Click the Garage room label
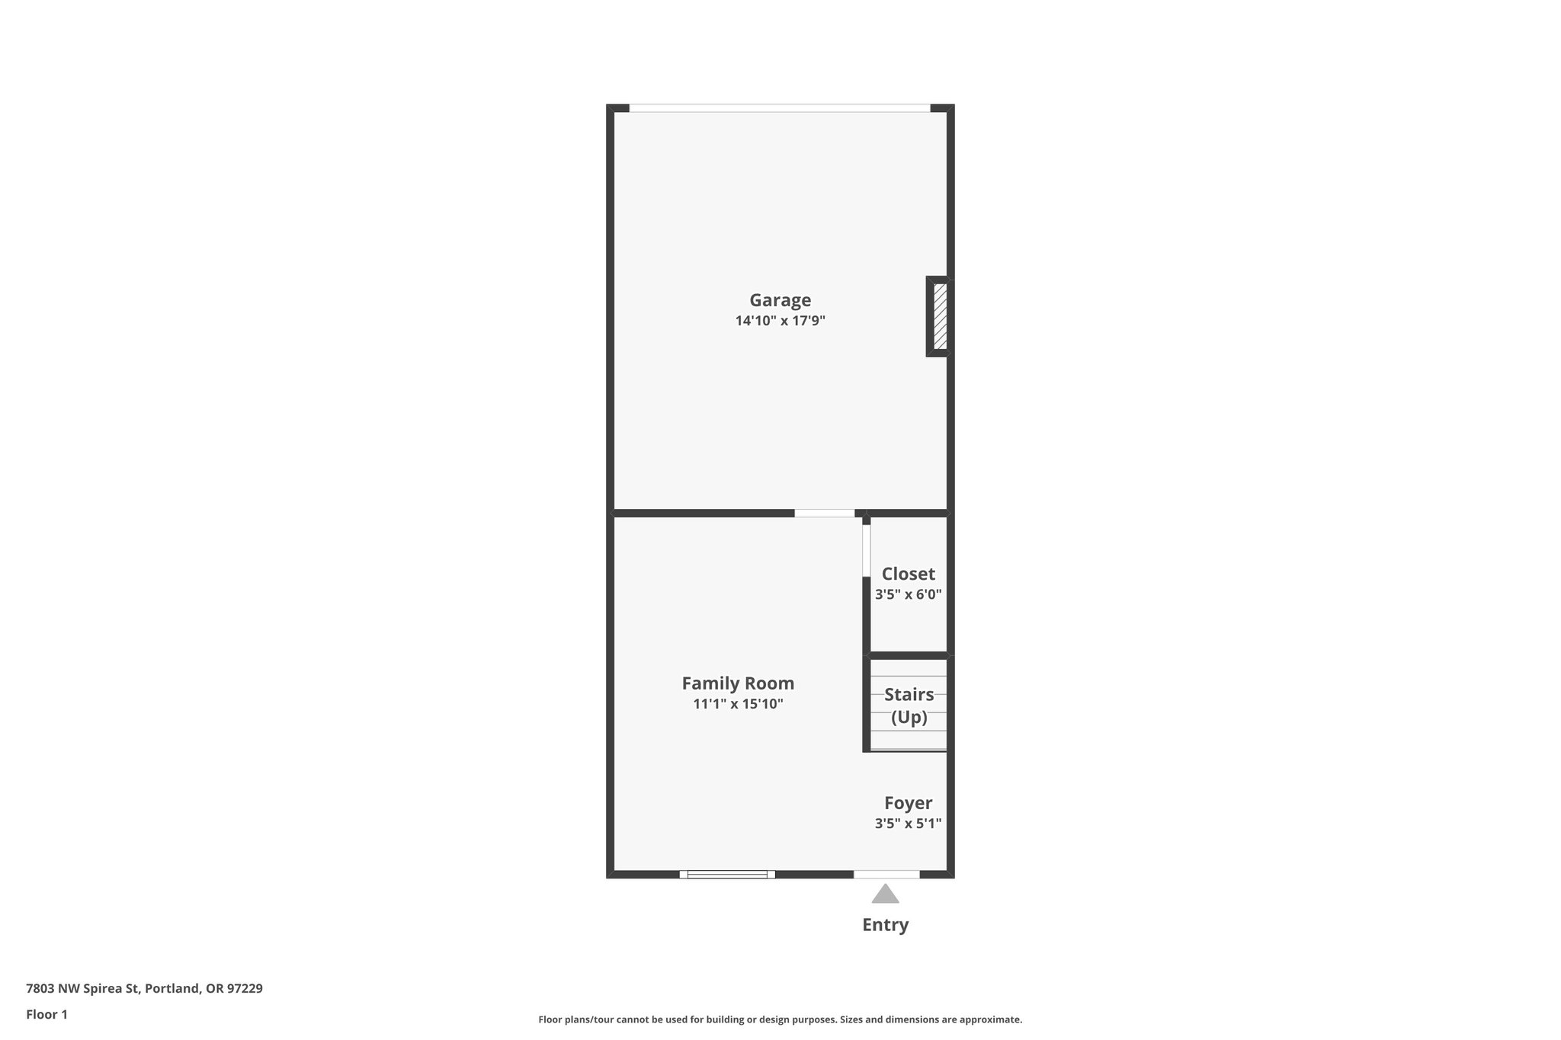point(780,300)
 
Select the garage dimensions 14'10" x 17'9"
point(780,321)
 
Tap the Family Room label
point(738,683)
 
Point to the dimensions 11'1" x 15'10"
point(738,704)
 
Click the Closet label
point(908,574)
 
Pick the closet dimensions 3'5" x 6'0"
point(908,594)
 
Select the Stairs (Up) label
point(909,706)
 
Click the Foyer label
point(908,803)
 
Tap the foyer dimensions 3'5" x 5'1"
point(908,824)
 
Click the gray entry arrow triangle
point(885,894)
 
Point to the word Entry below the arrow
point(885,925)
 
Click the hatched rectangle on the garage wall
point(940,316)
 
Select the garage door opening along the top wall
point(780,108)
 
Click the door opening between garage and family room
point(824,514)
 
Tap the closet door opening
point(866,551)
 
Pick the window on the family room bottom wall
point(727,875)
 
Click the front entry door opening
point(886,875)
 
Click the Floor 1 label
point(46,1015)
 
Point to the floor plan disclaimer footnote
point(780,1019)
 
